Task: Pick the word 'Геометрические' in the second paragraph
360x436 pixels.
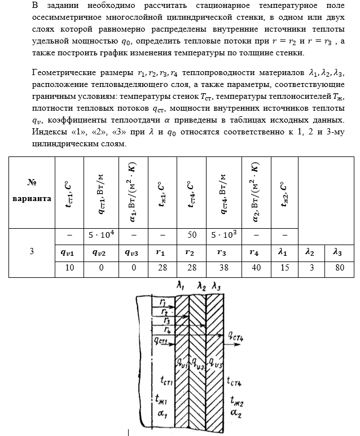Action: point(64,74)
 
